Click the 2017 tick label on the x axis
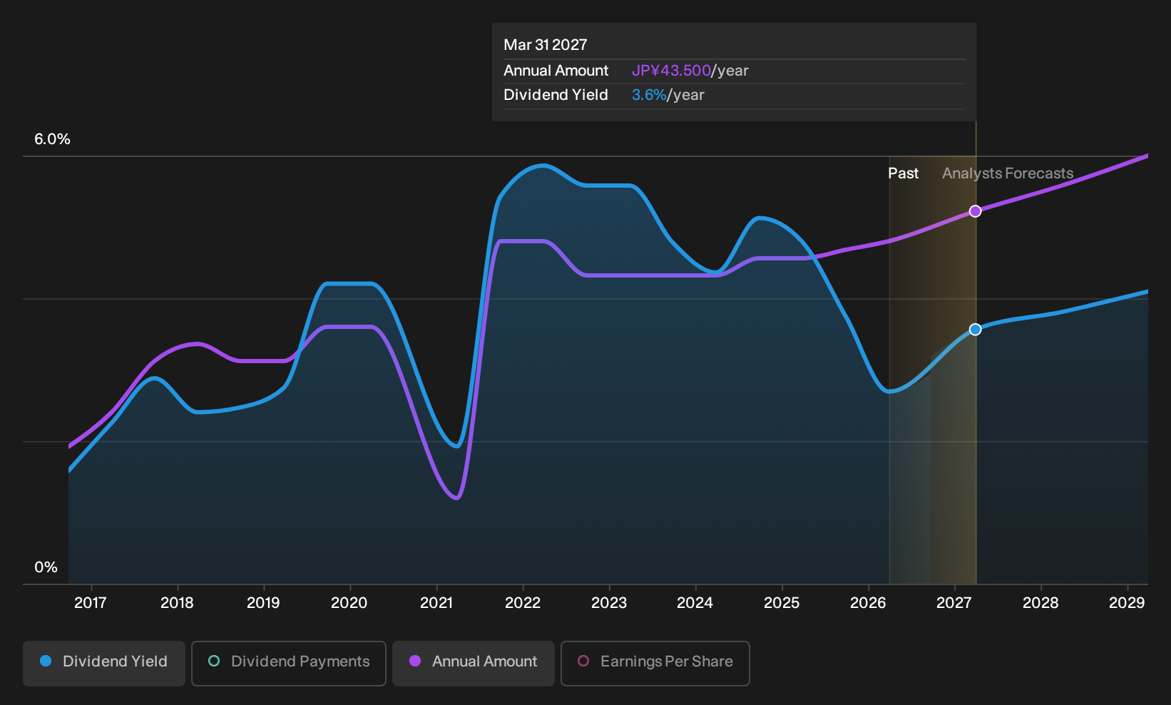[91, 603]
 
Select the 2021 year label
[436, 603]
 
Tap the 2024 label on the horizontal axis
[695, 603]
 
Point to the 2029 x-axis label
[1127, 603]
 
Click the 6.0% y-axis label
[52, 139]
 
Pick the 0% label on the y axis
[46, 567]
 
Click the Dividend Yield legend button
[104, 663]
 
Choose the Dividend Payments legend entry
[289, 663]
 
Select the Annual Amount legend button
[473, 663]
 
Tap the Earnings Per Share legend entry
[655, 663]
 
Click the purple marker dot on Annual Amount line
[975, 211]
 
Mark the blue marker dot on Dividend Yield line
[975, 330]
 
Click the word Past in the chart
[904, 173]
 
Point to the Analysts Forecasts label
[1008, 173]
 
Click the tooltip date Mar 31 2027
[546, 45]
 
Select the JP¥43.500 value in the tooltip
[671, 71]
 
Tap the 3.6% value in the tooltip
[649, 95]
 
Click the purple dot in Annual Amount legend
[415, 661]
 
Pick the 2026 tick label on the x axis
[869, 603]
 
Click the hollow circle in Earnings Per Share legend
[583, 661]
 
